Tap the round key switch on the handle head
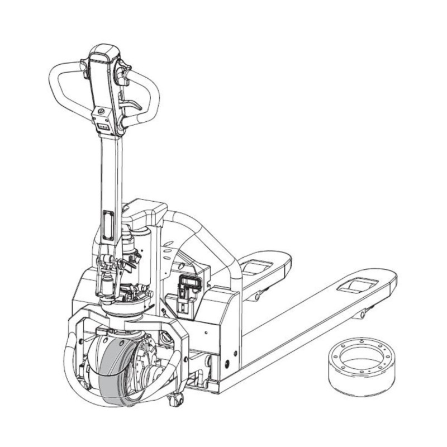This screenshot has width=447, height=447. (101, 111)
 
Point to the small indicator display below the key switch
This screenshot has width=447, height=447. (103, 127)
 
